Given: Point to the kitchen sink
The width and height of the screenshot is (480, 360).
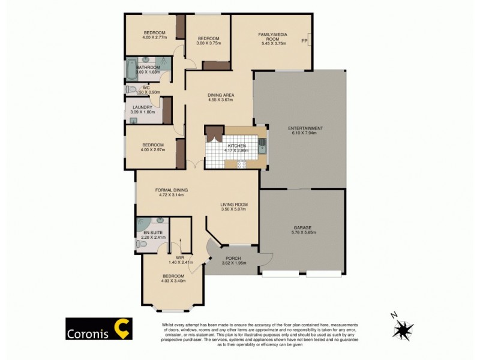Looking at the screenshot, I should coord(262,144).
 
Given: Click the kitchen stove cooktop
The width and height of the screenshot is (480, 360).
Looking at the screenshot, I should coord(242,164).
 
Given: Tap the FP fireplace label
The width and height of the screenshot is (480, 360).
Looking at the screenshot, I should coord(304,41).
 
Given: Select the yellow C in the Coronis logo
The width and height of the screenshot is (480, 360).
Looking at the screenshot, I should coord(123,329).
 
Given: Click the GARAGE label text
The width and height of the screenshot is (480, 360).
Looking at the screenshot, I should coord(302,227).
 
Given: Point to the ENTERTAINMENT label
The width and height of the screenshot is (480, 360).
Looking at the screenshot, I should coord(305,128).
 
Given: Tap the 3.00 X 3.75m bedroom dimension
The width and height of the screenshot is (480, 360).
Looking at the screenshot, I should coord(209,43).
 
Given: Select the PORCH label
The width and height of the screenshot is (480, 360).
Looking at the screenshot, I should coord(232,258).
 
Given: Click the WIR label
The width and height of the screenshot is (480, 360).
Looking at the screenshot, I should coord(180,257).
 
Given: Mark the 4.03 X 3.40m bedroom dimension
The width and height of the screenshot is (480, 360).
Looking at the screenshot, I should coord(173,280).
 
